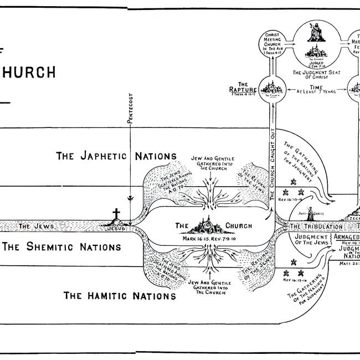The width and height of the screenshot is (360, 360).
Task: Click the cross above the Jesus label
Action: [x=116, y=215]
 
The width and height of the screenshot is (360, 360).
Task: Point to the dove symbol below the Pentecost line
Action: [x=129, y=197]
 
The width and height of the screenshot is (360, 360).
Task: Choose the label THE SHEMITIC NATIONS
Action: [x=61, y=246]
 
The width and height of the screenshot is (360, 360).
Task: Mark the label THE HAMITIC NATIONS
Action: [x=120, y=295]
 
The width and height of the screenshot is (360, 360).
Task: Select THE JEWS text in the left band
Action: [x=33, y=226]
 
